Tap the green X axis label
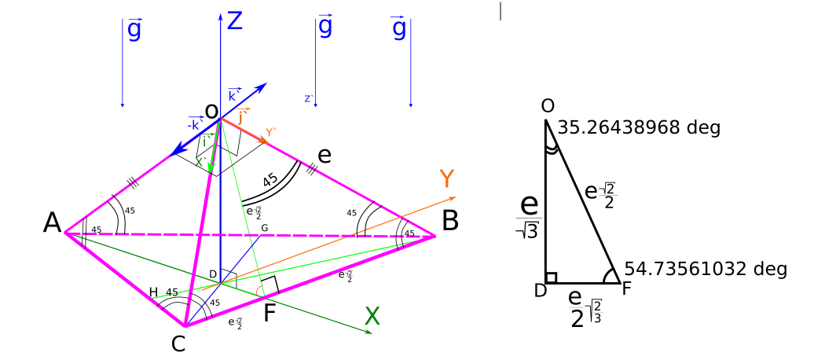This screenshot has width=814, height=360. tap(372, 317)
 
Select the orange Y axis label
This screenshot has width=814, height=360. tap(446, 179)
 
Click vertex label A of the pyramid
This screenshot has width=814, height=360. tap(52, 223)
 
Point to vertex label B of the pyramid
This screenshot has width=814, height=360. tap(450, 222)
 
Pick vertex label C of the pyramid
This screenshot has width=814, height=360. tap(178, 343)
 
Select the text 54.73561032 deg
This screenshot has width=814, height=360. tap(706, 269)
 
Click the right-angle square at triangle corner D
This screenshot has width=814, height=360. tap(552, 277)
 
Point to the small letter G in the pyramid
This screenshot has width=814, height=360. tap(265, 228)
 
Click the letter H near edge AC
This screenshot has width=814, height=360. tap(153, 292)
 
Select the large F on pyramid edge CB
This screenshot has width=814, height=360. tap(269, 314)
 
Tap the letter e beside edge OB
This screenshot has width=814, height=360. tap(324, 155)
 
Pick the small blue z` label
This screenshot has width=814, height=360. tap(309, 99)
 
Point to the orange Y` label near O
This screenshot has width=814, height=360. tap(270, 134)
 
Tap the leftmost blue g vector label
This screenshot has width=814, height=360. tap(134, 30)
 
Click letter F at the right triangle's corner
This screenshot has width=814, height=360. tap(625, 289)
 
